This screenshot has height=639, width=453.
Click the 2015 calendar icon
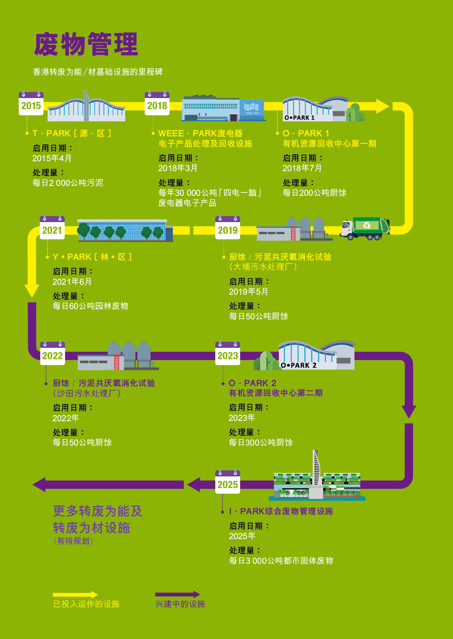31,103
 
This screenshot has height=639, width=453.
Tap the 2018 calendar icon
157,103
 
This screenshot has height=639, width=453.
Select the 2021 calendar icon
52,227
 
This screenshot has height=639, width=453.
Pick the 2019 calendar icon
227,227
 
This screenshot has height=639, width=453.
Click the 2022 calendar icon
52,353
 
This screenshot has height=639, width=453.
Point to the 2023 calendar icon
227,353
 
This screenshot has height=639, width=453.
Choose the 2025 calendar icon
227,482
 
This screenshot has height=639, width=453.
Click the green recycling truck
365,228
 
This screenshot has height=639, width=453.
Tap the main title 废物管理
86,44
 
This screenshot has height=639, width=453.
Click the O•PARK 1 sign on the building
299,117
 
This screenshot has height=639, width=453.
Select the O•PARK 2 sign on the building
299,365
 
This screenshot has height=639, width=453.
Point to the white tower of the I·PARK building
316,468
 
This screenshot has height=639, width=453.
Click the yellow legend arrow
75,595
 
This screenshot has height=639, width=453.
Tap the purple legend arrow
178,595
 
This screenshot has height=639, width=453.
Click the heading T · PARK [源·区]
72,133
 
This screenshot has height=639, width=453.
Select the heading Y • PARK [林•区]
92,257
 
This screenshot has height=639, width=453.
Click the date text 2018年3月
178,168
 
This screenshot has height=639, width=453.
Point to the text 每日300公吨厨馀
261,442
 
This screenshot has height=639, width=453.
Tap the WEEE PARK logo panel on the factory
252,109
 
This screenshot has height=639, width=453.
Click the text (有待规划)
73,541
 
